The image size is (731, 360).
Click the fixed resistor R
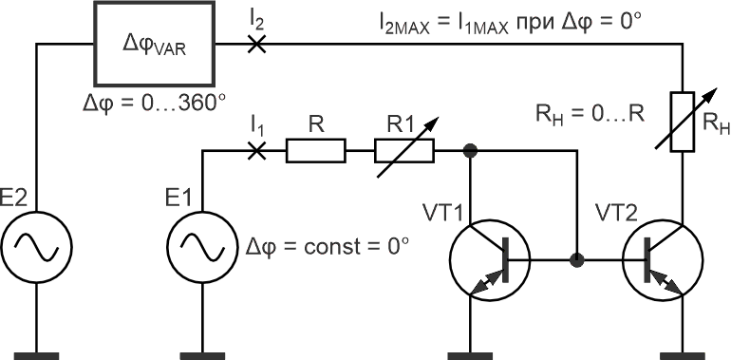[x=315, y=151]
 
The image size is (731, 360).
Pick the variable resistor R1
[x=404, y=151]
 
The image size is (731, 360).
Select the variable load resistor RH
[x=683, y=122]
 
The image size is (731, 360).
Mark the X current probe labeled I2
[x=255, y=45]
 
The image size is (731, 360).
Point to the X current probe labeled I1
[x=255, y=151]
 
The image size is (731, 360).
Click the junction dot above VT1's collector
[x=470, y=151]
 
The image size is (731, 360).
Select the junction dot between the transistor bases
[x=577, y=259]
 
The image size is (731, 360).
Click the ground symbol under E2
[x=36, y=356]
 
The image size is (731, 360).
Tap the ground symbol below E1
[x=202, y=356]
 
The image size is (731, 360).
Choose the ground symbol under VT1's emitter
[x=470, y=356]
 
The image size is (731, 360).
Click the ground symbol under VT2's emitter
[x=683, y=356]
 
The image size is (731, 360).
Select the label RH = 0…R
[x=590, y=113]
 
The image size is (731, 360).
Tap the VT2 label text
[x=615, y=214]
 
